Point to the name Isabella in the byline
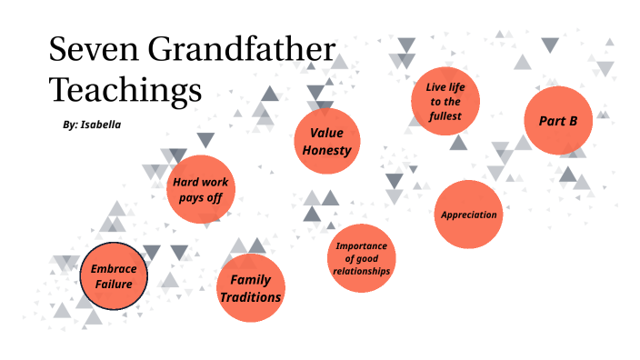point(101,125)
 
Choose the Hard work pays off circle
point(201,188)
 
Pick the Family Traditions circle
point(251,288)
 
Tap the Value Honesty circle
point(326,141)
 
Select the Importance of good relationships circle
point(361,258)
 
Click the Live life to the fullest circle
point(445,101)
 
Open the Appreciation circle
point(468,215)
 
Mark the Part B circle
point(558,120)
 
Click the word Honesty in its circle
point(326,150)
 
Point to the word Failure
point(114,285)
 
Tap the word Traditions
point(250,297)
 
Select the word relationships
point(361,271)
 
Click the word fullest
point(445,116)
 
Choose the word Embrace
point(113,269)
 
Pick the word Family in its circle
point(251,279)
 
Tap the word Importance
point(361,245)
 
